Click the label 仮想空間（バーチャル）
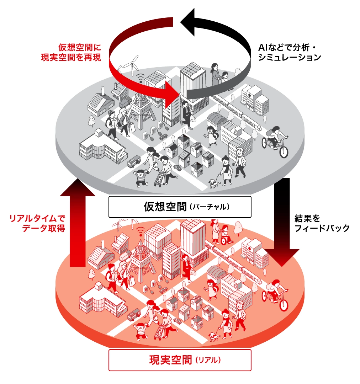tap(180, 207)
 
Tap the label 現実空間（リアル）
tap(180, 360)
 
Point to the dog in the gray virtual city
tap(214, 183)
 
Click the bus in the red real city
tap(134, 314)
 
